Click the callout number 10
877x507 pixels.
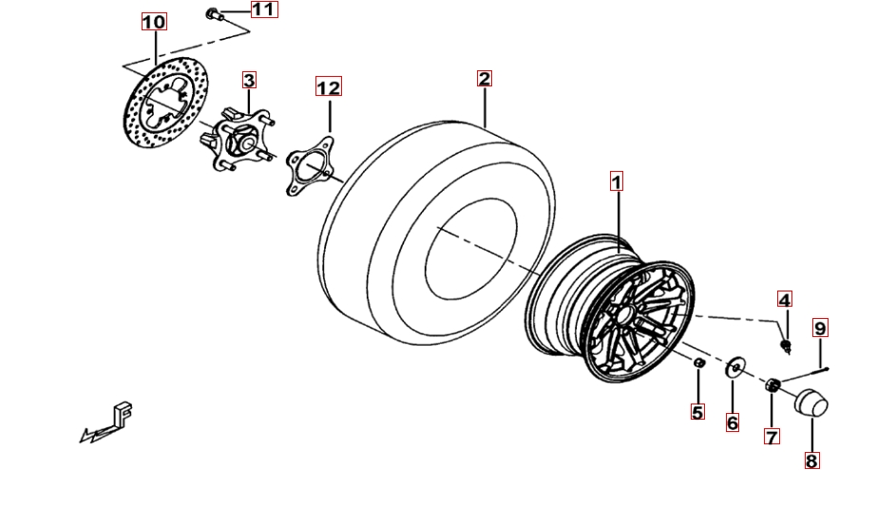154,22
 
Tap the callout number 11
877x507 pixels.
264,9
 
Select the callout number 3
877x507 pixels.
249,80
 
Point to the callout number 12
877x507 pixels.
329,86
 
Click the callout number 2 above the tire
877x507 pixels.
485,79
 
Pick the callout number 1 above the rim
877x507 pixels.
617,181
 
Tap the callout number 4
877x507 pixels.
785,299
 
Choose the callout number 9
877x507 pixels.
820,328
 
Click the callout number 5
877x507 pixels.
697,412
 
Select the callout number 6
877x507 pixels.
733,422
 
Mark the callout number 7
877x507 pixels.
772,437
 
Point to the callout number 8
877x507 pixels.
811,460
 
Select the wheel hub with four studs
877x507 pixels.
238,140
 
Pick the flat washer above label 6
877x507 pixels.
734,367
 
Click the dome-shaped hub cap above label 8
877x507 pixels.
811,403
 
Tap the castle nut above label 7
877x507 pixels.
772,385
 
